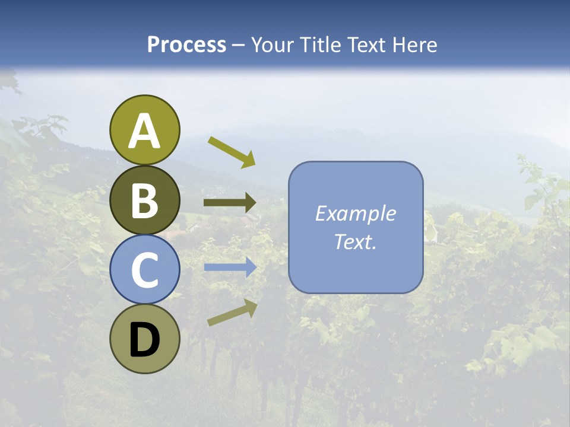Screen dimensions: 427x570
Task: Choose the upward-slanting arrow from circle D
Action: (x=232, y=313)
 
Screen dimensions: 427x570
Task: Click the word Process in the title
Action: (x=186, y=44)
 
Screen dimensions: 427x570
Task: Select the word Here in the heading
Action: (x=414, y=44)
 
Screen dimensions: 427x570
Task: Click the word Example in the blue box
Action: (x=355, y=213)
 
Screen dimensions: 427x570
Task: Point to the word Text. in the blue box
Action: (x=355, y=242)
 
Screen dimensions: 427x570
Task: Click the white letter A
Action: (x=145, y=131)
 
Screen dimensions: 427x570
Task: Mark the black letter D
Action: (x=145, y=340)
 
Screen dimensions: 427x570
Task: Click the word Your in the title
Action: (x=271, y=44)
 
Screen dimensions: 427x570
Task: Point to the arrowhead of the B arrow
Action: (x=250, y=203)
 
